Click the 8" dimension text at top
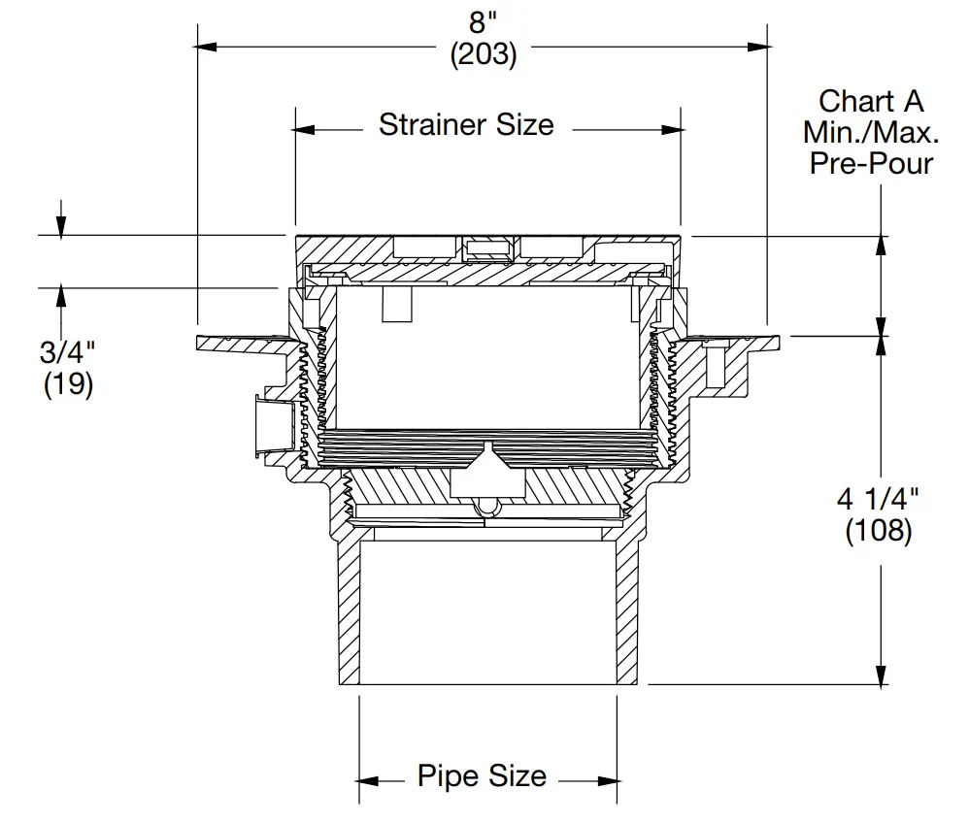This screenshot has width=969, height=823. pyautogui.click(x=483, y=21)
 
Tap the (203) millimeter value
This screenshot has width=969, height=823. pyautogui.click(x=483, y=55)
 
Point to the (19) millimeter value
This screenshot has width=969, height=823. pyautogui.click(x=68, y=385)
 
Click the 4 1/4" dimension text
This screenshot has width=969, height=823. pyautogui.click(x=878, y=500)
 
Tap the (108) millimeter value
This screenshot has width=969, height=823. pyautogui.click(x=878, y=532)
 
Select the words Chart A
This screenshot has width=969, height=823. pyautogui.click(x=871, y=101)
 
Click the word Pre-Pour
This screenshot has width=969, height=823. pyautogui.click(x=871, y=163)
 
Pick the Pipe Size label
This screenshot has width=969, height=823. pyautogui.click(x=482, y=776)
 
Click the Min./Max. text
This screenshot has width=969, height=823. pyautogui.click(x=871, y=132)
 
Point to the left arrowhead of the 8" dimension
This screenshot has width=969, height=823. pyautogui.click(x=206, y=46)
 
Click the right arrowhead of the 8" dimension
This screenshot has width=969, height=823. pyautogui.click(x=759, y=46)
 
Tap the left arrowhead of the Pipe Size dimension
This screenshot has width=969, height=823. pyautogui.click(x=368, y=779)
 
